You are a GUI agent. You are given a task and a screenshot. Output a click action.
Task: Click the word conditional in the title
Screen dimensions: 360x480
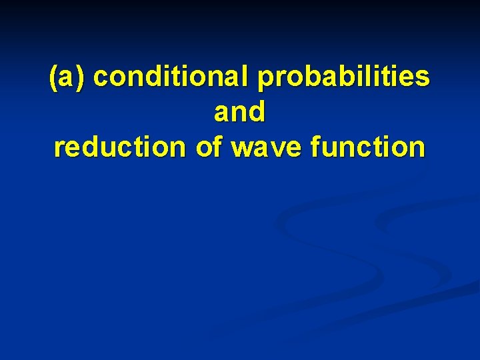(173, 77)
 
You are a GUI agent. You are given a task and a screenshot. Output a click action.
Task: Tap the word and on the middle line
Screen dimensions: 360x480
(239, 112)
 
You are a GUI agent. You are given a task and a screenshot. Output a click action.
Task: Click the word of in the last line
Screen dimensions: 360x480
(211, 146)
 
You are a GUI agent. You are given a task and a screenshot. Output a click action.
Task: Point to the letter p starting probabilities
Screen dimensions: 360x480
(265, 81)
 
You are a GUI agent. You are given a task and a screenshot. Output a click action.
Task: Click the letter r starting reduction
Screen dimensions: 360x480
(59, 148)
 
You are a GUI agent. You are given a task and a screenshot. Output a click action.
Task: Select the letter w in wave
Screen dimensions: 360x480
(243, 148)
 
